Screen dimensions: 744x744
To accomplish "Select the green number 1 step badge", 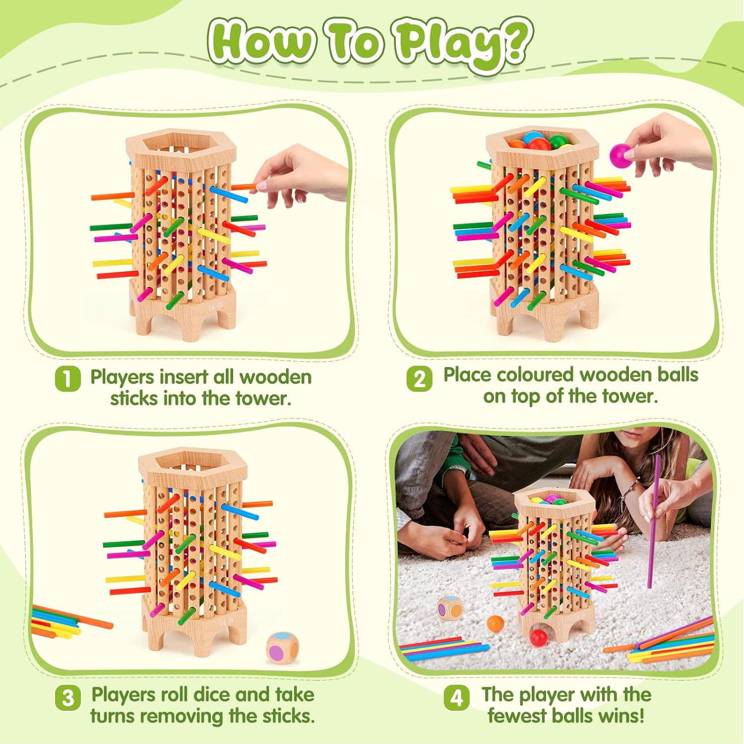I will point(67,379).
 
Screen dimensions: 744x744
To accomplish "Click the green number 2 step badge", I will point(419,379).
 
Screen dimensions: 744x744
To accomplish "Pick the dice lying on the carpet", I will point(449,608).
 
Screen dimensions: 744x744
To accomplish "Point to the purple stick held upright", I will point(654,521).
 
